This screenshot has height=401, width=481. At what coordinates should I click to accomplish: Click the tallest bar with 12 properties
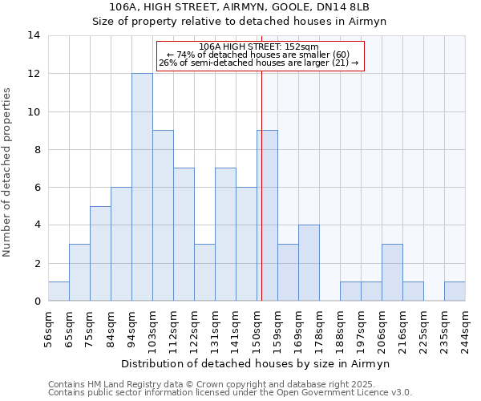[x=142, y=187]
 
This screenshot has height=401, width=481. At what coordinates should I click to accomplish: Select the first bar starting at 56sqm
[x=59, y=291]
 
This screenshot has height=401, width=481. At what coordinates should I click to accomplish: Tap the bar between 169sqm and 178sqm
[x=309, y=262]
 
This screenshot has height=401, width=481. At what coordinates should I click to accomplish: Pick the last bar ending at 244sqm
[x=455, y=291]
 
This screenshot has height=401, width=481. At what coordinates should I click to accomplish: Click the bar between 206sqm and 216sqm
[x=392, y=272]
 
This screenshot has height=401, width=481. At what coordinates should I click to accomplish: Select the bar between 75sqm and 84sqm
[x=100, y=253]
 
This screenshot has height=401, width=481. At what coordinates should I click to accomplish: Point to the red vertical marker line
[x=261, y=200]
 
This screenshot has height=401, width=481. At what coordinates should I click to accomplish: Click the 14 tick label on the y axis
[x=34, y=35]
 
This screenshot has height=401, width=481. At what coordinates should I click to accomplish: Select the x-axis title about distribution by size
[x=256, y=363]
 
